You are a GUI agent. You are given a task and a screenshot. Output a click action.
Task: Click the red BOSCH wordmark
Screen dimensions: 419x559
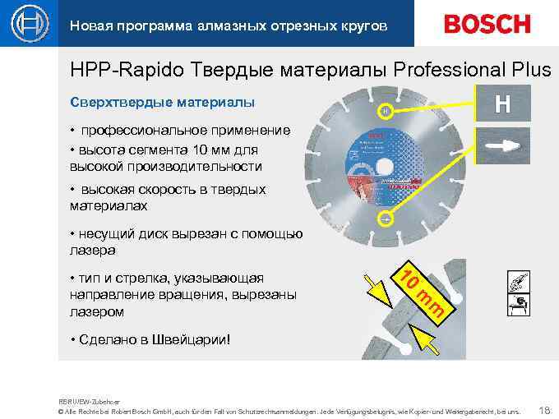coord(487,24)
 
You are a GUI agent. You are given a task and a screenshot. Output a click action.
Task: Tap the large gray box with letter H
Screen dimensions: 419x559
coord(503,104)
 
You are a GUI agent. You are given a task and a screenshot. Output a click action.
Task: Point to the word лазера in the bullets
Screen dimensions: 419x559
coord(92,249)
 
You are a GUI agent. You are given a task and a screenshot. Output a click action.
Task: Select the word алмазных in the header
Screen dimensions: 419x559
coord(221,26)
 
